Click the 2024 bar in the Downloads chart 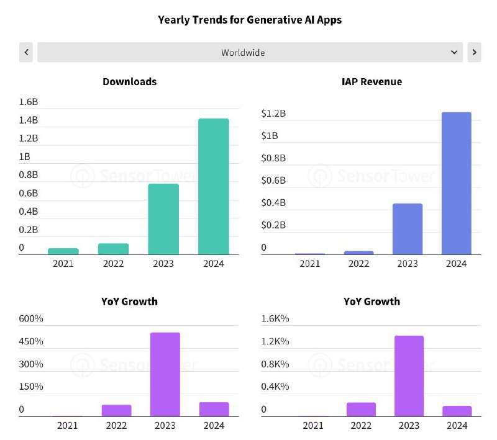point(213,186)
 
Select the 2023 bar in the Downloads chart point(163,219)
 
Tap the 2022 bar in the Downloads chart point(113,249)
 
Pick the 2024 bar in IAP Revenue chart point(456,183)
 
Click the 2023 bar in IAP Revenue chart point(408,229)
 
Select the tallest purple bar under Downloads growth point(165,374)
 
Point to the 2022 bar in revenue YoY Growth point(361,409)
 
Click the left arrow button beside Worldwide point(26,52)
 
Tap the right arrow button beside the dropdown point(474,52)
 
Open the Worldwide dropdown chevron point(454,52)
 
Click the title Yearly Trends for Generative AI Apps point(250,20)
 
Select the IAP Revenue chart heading point(372,81)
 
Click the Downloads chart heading point(129,81)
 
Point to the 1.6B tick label point(29,101)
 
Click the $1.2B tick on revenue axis point(273,113)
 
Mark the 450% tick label point(31,341)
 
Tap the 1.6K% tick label point(275,319)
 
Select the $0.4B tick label point(273,203)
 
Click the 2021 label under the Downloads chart point(63,264)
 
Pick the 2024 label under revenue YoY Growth point(457,425)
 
